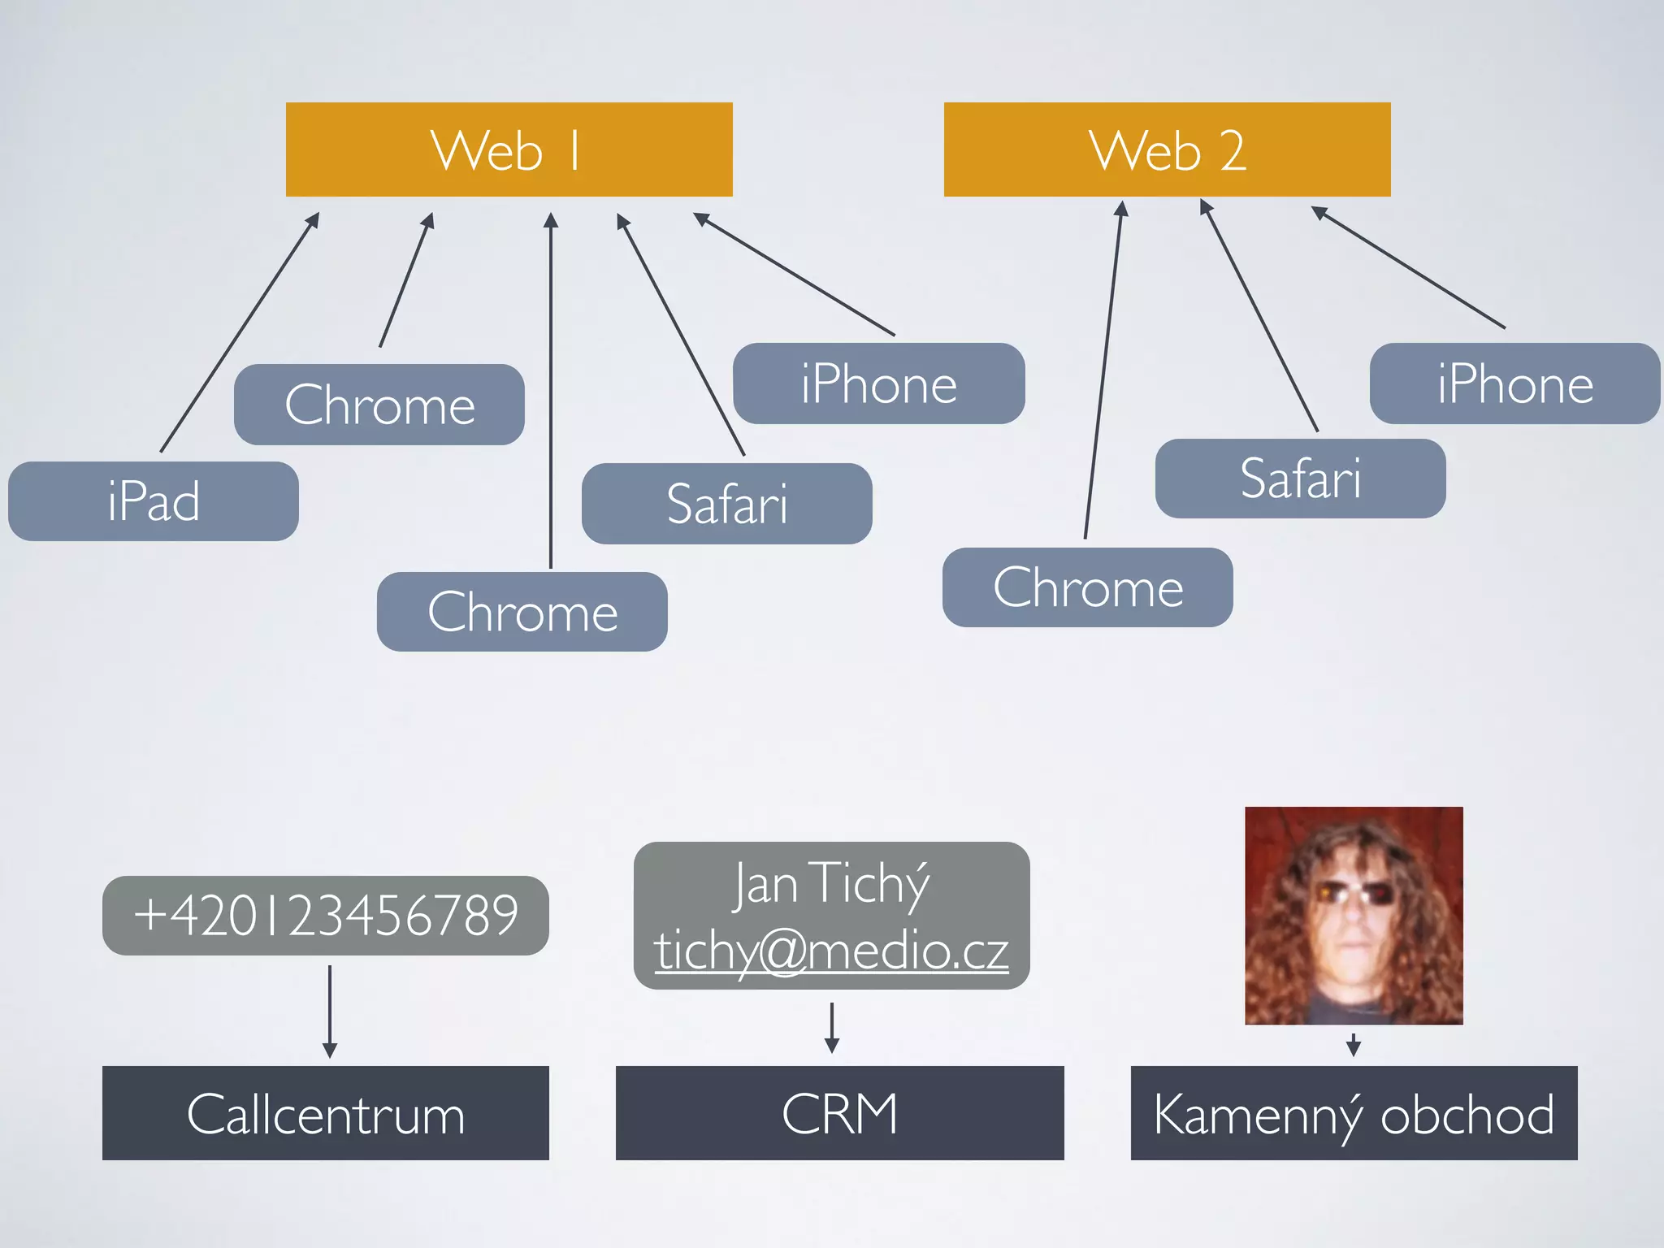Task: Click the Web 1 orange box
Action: click(x=509, y=149)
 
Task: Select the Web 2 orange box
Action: click(x=1167, y=149)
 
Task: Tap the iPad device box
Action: click(x=154, y=501)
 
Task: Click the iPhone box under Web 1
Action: click(x=878, y=383)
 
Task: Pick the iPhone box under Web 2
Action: click(x=1514, y=383)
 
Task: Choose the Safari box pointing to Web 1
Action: click(x=726, y=504)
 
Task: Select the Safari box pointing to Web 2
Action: click(x=1300, y=479)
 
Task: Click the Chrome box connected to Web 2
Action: click(x=1087, y=587)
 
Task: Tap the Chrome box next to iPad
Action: click(x=379, y=405)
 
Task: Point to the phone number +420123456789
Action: click(x=326, y=916)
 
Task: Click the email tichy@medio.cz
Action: click(x=831, y=951)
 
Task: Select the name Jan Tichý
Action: click(x=831, y=883)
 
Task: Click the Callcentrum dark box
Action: click(x=326, y=1113)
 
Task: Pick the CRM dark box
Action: click(x=839, y=1113)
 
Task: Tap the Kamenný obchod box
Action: click(x=1354, y=1113)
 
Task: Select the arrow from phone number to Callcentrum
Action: click(x=330, y=1011)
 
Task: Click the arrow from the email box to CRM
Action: click(x=832, y=1028)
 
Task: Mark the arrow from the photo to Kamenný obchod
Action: click(x=1354, y=1045)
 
